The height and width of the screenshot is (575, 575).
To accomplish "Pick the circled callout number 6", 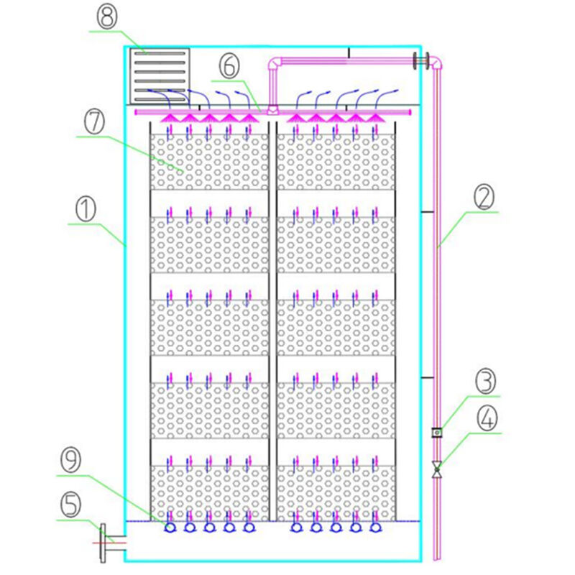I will tap(229, 65).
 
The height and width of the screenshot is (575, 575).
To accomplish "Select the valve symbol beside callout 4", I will tap(437, 469).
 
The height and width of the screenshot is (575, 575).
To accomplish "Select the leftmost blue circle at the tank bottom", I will tap(170, 528).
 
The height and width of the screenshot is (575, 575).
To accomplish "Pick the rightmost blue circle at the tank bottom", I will tap(375, 528).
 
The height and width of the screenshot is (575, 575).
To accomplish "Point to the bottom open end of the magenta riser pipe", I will tap(437, 558).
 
